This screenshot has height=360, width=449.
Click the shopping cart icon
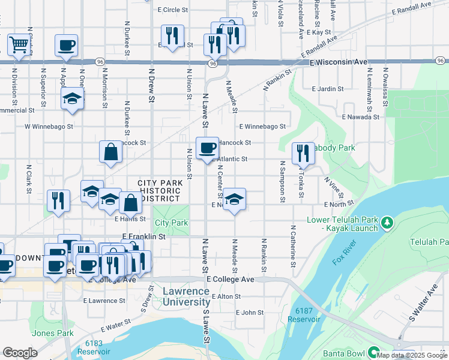(x=19, y=44)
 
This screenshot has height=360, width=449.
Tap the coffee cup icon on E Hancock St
(x=208, y=147)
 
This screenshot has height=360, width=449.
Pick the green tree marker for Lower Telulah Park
(x=388, y=223)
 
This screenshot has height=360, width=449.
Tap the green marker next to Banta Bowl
(x=374, y=352)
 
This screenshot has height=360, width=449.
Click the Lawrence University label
(x=186, y=296)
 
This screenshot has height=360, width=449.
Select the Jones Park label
(x=53, y=333)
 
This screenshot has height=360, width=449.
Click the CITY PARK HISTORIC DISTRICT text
(x=159, y=190)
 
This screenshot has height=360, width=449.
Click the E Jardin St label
(x=327, y=89)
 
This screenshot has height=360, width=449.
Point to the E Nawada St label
(x=360, y=117)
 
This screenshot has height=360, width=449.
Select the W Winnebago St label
(x=49, y=127)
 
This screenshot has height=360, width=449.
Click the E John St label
(x=250, y=313)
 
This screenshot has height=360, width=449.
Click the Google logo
(x=20, y=353)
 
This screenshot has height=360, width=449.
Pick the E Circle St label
(x=172, y=10)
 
